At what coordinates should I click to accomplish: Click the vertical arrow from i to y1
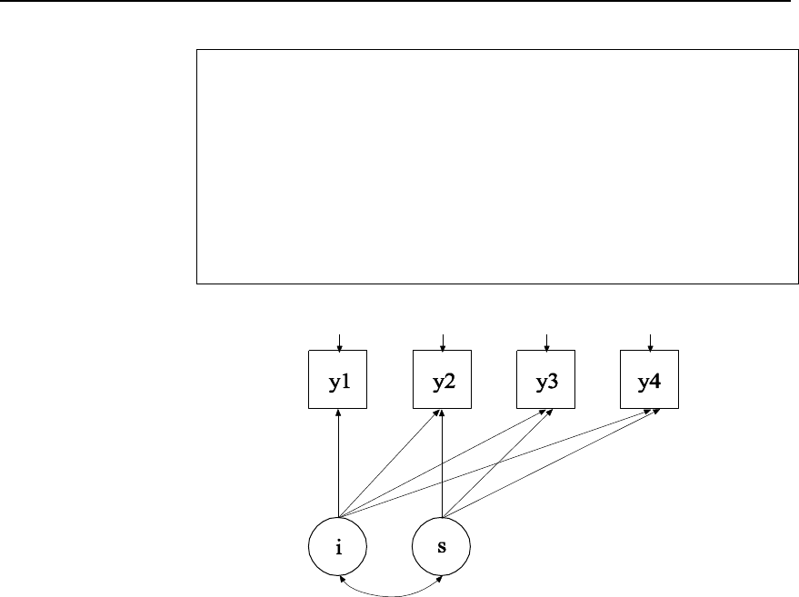(338, 463)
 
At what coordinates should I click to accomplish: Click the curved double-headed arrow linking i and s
(390, 596)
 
